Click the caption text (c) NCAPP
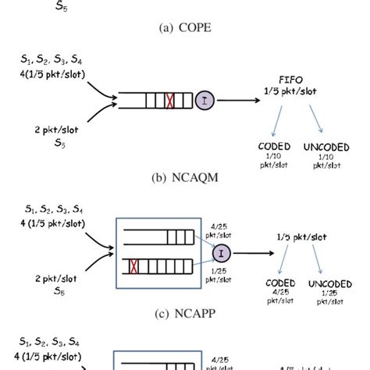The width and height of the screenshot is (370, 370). [184, 315]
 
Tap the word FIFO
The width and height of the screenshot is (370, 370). [296, 78]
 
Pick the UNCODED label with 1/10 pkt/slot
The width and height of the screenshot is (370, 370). [328, 146]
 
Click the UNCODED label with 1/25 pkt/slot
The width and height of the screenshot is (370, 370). [331, 283]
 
